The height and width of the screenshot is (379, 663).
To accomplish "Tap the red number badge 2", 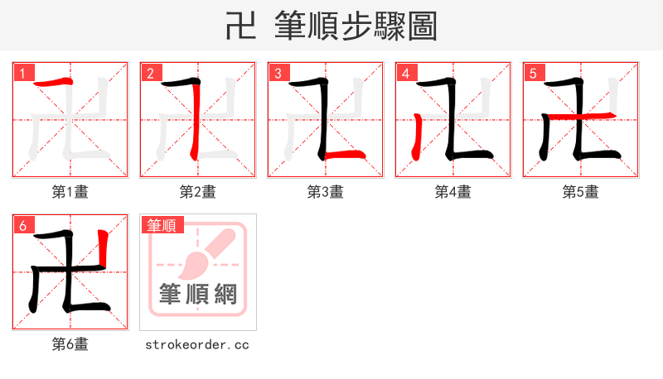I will pyautogui.click(x=150, y=73).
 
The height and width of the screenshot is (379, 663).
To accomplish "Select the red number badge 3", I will pyautogui.click(x=278, y=73).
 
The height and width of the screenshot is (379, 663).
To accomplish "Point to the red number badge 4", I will pyautogui.click(x=405, y=73).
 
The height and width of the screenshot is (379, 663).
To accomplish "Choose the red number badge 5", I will pyautogui.click(x=533, y=73).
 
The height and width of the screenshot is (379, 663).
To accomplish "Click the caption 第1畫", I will pyautogui.click(x=70, y=192).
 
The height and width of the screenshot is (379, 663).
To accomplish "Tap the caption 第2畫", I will pyautogui.click(x=198, y=192).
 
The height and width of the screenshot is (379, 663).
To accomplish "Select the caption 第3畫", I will pyautogui.click(x=326, y=192).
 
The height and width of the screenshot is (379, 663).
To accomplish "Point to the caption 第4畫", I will pyautogui.click(x=453, y=192).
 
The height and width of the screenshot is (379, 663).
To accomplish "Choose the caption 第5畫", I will pyautogui.click(x=581, y=192).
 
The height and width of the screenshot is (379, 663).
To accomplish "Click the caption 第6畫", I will pyautogui.click(x=70, y=344).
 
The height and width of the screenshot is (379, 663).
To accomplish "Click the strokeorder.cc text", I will pyautogui.click(x=197, y=344).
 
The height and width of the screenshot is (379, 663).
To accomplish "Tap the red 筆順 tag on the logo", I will pyautogui.click(x=162, y=225).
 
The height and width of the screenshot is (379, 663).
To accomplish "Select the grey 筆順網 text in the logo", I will pyautogui.click(x=198, y=294).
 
